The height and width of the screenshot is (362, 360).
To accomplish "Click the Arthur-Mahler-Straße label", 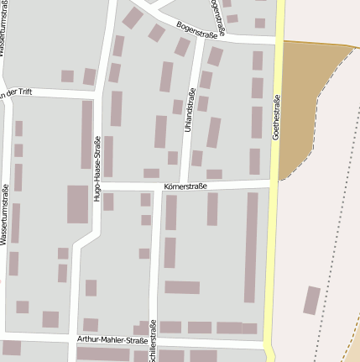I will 112,338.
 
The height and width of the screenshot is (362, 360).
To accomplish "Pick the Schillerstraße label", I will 154,341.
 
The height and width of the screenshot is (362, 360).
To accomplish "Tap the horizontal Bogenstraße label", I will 197,30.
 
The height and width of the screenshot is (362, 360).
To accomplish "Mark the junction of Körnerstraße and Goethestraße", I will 273,181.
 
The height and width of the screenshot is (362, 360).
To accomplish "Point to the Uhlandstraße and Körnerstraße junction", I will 185,183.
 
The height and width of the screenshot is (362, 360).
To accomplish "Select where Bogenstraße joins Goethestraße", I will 278,39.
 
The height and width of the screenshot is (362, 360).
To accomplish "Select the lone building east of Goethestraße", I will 311,301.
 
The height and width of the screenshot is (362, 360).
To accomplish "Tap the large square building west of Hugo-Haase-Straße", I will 78,204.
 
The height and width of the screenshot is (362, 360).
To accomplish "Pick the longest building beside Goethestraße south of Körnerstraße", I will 251,247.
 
